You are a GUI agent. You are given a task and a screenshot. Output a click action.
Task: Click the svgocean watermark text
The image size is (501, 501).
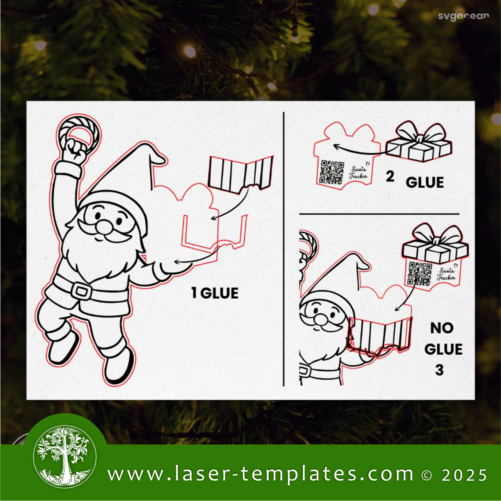tap(464, 17)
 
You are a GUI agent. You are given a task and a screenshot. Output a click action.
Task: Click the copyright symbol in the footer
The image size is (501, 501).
tap(426, 475)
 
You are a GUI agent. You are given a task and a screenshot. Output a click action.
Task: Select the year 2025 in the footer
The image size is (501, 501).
tap(464, 475)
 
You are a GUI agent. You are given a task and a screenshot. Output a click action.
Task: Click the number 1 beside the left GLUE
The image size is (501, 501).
tap(194, 293)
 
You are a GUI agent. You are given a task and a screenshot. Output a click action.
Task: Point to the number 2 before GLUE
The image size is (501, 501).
tap(390, 177)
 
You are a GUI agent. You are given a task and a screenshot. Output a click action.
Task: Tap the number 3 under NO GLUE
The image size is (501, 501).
tap(439, 370)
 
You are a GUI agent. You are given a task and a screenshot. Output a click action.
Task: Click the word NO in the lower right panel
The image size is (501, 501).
tap(442, 328)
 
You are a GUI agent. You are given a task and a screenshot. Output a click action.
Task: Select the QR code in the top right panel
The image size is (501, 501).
tap(332, 172)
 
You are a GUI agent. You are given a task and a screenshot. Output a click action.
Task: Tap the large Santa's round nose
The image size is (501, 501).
tap(104, 226)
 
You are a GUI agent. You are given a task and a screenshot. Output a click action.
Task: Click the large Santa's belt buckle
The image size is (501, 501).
tap(82, 291)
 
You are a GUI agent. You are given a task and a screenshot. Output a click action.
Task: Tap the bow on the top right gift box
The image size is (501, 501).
tap(419, 133)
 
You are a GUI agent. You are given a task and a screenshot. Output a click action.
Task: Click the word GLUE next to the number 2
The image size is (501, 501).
tap(425, 182)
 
